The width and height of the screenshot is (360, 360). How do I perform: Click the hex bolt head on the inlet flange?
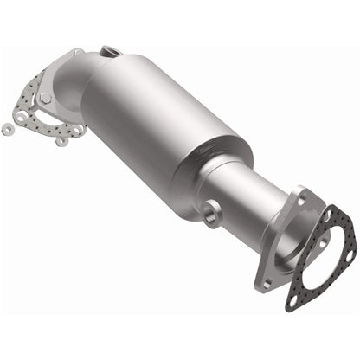pos(45,98)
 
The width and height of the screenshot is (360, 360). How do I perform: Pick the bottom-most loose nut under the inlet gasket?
pos(61,141)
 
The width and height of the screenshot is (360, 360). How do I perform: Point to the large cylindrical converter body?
pos(164,121)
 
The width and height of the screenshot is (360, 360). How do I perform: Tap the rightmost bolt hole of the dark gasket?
pos(349,251)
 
